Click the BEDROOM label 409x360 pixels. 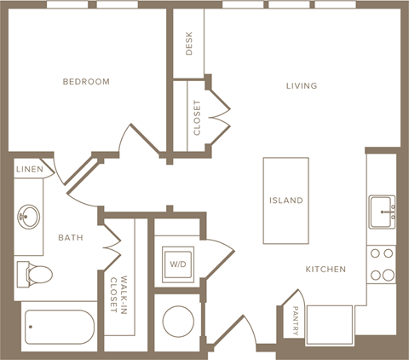tap(86, 82)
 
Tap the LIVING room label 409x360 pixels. tap(302, 86)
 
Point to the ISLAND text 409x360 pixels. tap(285, 200)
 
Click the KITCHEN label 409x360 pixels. tap(325, 270)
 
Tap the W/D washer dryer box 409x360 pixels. tap(179, 263)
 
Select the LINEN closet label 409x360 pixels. tap(30, 170)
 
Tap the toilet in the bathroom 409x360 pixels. tap(34, 274)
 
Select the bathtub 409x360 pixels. tap(60, 327)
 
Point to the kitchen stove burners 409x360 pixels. tap(382, 264)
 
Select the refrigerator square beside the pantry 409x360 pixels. tap(331, 325)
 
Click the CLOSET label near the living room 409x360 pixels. tap(197, 118)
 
